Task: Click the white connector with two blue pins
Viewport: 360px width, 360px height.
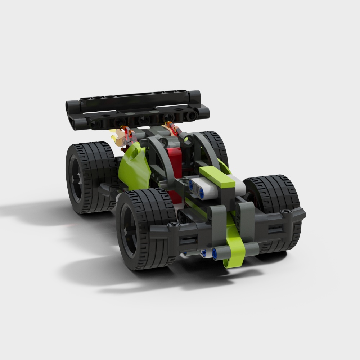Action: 202,189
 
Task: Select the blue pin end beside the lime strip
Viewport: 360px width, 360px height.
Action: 215,253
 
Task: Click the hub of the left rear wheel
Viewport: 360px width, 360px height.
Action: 76,178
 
